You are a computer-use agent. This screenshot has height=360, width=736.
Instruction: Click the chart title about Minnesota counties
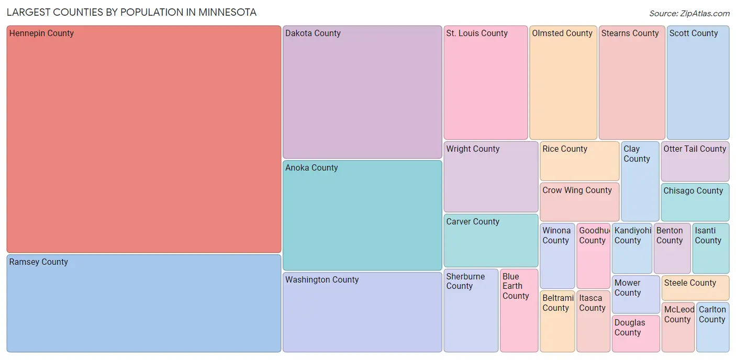[131, 12]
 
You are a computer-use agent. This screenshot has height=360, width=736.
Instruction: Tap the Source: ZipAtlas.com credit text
[689, 14]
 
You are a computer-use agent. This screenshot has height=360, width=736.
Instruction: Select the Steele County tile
[695, 288]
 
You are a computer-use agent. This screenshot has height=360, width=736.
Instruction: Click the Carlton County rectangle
[712, 328]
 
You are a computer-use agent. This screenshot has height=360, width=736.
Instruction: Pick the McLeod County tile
[678, 328]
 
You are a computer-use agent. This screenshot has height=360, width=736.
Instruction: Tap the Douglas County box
[636, 333]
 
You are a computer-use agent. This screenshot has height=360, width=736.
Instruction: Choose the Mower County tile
[636, 295]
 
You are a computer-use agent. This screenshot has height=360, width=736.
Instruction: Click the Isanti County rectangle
[710, 249]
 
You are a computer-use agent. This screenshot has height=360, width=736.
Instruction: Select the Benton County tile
[672, 249]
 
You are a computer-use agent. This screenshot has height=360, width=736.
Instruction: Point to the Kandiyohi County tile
[632, 249]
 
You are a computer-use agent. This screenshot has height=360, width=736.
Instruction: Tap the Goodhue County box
[593, 256]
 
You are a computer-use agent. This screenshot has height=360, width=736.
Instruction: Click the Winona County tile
[557, 256]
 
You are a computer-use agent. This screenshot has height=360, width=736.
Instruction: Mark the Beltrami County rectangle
[557, 321]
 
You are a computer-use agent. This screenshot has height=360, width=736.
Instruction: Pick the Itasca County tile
[593, 321]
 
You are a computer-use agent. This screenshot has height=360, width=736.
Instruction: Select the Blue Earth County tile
[519, 310]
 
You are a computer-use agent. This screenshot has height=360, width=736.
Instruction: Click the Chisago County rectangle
[695, 203]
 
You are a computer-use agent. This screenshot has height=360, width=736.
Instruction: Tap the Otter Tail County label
[695, 149]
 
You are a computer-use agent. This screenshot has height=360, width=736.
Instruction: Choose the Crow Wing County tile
[579, 202]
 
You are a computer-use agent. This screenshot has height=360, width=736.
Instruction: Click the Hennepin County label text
[41, 33]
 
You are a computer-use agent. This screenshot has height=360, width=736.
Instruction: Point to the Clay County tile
[640, 181]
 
